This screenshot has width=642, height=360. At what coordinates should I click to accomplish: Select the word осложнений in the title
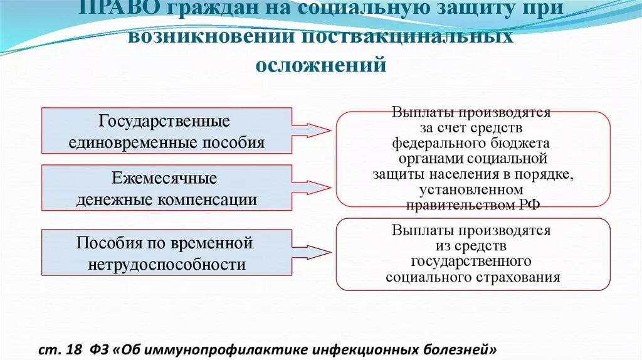(320, 64)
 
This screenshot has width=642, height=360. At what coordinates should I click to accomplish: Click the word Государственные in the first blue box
(165, 120)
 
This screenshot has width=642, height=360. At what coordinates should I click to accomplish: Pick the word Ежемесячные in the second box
(165, 178)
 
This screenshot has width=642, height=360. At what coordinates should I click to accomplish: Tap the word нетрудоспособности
(167, 264)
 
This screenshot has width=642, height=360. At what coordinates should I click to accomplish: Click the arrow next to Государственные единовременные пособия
(313, 130)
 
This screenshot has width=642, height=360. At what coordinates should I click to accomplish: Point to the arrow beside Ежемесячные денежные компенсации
(313, 187)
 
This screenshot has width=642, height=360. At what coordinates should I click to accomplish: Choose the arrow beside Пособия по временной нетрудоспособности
(313, 252)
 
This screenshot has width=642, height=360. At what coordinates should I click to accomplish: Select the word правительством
(460, 204)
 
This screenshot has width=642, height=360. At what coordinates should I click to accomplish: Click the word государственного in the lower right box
(472, 261)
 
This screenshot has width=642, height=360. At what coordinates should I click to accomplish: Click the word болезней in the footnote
(464, 349)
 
